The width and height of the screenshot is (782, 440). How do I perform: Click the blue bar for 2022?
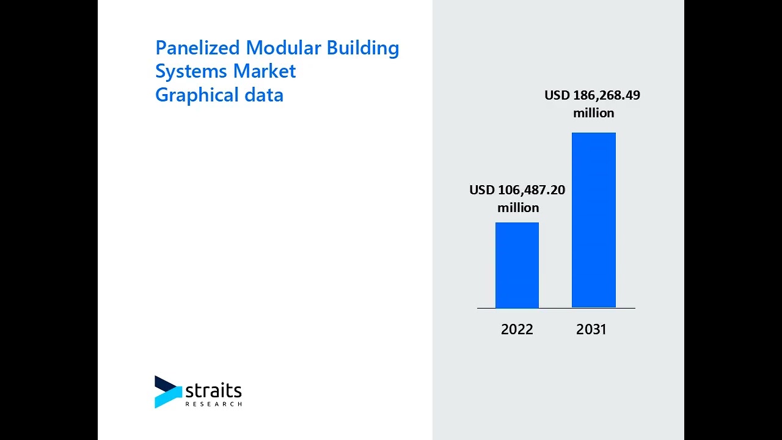[x=517, y=265]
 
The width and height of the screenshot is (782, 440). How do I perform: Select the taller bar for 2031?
[x=593, y=220]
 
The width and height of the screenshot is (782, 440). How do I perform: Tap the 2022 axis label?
[x=517, y=329]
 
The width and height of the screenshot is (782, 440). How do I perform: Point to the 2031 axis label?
[x=591, y=329]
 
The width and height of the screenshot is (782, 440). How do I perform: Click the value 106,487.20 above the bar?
[x=531, y=190]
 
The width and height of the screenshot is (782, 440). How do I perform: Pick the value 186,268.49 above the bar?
[x=606, y=95]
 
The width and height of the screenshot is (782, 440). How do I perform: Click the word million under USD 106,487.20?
[x=518, y=208]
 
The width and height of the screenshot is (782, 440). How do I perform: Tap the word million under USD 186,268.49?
[x=593, y=113]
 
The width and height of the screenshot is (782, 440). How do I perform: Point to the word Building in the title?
[x=363, y=48]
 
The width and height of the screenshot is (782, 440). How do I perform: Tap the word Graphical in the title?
[x=197, y=95]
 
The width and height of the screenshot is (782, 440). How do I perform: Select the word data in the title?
[x=264, y=95]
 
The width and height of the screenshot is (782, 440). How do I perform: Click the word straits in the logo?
[x=213, y=391]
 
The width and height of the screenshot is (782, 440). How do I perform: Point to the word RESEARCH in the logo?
[x=213, y=404]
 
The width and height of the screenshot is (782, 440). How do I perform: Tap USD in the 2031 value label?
[x=557, y=95]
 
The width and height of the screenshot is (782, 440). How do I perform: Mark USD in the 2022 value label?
[x=481, y=190]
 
